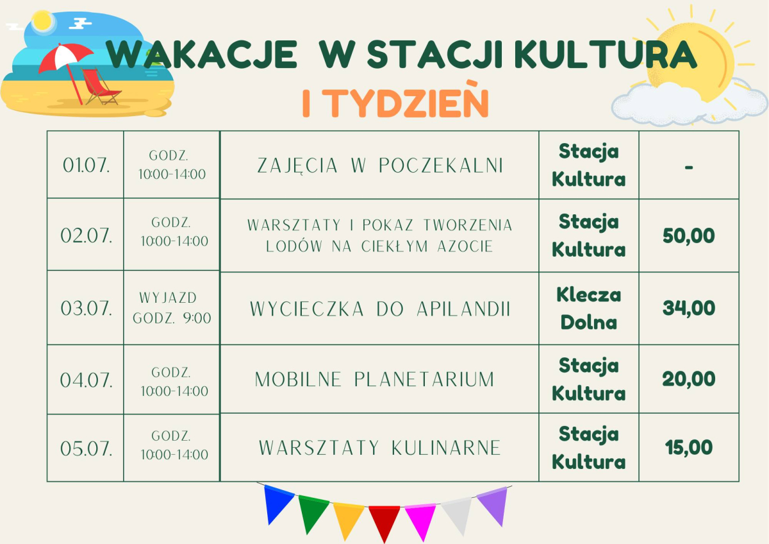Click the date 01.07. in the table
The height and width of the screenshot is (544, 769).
[86, 166]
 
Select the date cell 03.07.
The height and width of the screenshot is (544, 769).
[86, 309]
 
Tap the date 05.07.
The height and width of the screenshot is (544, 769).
[86, 449]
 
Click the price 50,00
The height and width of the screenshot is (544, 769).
[689, 236]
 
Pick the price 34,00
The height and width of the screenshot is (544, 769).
[689, 309]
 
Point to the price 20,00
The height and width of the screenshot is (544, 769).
[689, 379]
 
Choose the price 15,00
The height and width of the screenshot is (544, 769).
[689, 448]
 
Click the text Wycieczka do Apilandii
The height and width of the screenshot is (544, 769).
[380, 309]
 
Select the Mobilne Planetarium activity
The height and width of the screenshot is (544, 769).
[374, 379]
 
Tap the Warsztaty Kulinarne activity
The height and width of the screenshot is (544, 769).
[380, 448]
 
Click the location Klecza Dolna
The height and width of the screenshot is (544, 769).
[589, 309]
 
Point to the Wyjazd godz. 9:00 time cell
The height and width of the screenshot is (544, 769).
[172, 308]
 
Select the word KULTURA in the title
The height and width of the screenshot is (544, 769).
[606, 55]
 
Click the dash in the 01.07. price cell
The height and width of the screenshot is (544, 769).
[689, 167]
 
